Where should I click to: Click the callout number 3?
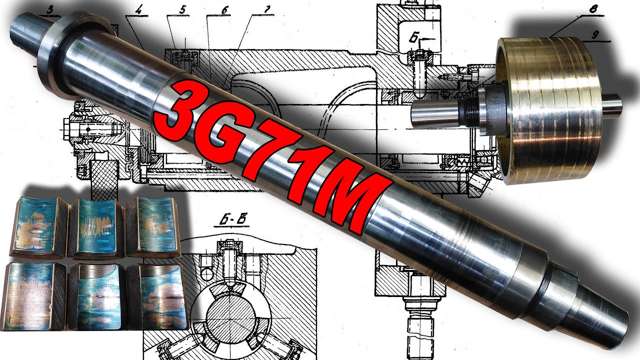click(49, 10)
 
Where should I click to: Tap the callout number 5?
click(181, 9)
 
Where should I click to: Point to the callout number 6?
click(224, 10)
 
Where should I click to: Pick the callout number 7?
click(266, 9)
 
